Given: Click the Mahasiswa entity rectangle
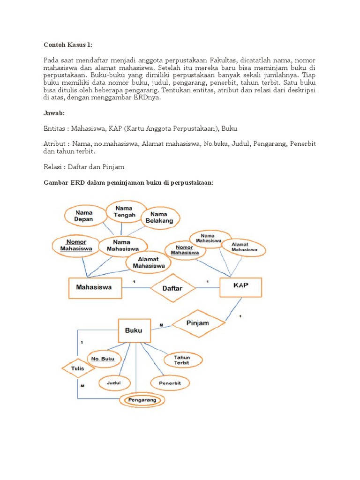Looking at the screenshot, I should point(96,287).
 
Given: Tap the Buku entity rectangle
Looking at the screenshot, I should point(134,330).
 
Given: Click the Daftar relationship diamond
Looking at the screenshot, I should point(172,288).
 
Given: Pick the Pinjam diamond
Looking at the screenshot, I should point(197,323).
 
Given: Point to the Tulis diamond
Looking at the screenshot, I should point(78,369).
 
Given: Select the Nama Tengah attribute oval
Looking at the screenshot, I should point(124,211).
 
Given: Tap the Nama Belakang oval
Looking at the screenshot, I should point(159,217).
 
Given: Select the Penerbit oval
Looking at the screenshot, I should point(170,383).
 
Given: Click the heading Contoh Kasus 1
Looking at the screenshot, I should point(68,45).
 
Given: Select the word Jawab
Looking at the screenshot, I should point(54,114).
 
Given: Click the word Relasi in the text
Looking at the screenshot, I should point(53,166).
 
